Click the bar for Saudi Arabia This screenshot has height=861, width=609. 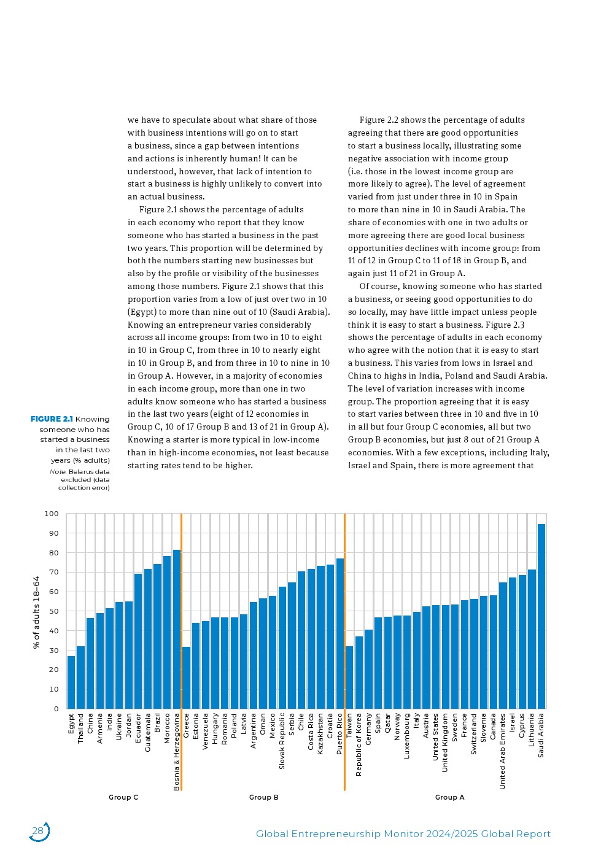[541, 616]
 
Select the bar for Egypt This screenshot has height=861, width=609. [71, 682]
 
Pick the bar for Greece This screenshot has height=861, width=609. [187, 678]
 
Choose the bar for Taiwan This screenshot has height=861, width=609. [349, 678]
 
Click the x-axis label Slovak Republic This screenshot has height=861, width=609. [282, 740]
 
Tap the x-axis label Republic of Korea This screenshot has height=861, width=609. [359, 744]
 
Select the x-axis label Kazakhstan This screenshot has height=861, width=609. [320, 733]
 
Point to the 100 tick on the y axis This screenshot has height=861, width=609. [52, 514]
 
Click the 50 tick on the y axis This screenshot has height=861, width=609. [54, 611]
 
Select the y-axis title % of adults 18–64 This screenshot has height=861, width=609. [37, 612]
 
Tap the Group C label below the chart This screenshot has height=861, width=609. [123, 797]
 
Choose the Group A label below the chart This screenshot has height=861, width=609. [449, 797]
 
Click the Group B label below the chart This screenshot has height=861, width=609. [264, 797]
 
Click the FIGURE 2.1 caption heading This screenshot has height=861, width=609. [52, 419]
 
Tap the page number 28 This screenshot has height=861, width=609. [38, 832]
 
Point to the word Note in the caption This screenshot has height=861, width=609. [57, 471]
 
